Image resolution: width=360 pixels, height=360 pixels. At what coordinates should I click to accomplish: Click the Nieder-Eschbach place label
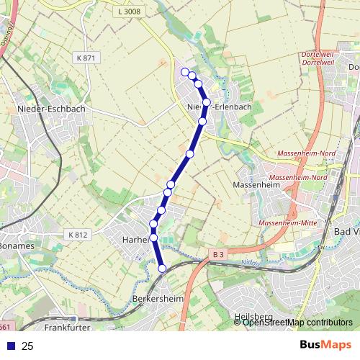[x=50, y=109]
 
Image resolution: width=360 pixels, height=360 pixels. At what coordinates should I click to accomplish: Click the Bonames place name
[x=16, y=246]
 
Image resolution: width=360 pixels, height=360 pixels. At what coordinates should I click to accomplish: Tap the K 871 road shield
[x=84, y=58]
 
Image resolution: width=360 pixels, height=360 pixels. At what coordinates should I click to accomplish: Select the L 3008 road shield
[x=128, y=12]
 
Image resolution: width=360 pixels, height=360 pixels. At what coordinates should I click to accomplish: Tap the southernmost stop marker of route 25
[x=162, y=268]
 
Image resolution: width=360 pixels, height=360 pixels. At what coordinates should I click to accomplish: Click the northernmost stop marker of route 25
[x=185, y=71]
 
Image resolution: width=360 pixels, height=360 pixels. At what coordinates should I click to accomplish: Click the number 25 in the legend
[x=27, y=346]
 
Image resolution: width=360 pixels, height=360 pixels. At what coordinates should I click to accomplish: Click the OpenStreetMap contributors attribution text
[x=297, y=323]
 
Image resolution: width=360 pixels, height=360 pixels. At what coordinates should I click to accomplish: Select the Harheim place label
[x=135, y=238]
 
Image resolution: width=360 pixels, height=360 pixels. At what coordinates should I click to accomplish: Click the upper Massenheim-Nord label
[x=300, y=153]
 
